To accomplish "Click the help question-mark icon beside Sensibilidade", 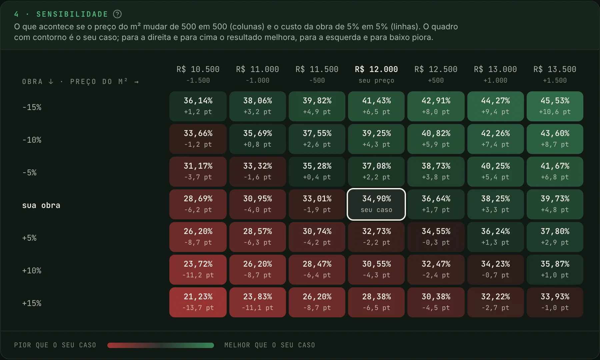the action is tap(117, 14).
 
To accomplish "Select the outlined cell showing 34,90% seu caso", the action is tap(376, 204).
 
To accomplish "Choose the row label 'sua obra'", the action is tap(41, 205).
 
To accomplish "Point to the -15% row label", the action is tap(32, 107).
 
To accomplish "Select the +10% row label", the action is tap(32, 271).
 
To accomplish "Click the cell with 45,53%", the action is tap(555, 106).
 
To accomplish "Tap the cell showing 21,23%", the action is tap(198, 302).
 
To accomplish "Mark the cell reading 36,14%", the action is tap(198, 106).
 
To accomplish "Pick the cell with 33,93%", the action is tap(555, 302).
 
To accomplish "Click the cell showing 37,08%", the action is tap(376, 172).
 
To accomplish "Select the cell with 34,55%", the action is tap(436, 237).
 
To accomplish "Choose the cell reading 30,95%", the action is tap(258, 204).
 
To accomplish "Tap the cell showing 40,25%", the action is tap(496, 172).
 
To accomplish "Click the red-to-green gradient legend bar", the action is tap(161, 345).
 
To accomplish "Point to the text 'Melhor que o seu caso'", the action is tap(270, 345).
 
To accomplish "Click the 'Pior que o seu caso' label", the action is tap(55, 345).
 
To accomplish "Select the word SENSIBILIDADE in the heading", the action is tap(72, 14).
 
